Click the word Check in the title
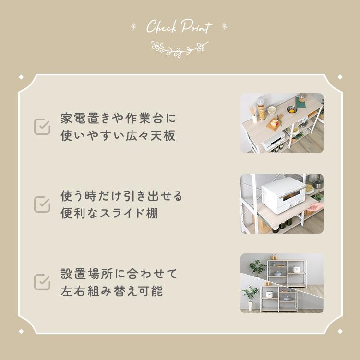tap(161, 26)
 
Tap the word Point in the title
tap(196, 26)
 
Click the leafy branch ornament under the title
tap(180, 49)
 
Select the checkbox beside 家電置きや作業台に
tap(42, 127)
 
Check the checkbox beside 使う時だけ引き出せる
tap(42, 204)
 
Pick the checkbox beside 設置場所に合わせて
tap(42, 282)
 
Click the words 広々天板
tap(151, 135)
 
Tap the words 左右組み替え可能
tap(112, 291)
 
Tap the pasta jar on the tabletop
tap(261, 109)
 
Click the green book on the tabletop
tap(300, 102)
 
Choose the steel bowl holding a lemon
tap(292, 109)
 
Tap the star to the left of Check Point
tap(134, 26)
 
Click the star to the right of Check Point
tap(224, 26)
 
